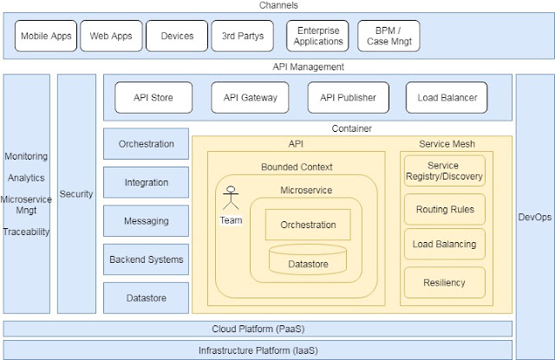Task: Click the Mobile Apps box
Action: [46, 36]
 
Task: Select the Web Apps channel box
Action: [111, 36]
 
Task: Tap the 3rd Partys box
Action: [243, 36]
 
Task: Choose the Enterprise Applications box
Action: [318, 36]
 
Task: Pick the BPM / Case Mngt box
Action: [389, 36]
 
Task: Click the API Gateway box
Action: [250, 98]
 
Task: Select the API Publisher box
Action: [349, 98]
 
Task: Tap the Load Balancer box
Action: [447, 98]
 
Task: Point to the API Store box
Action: [153, 98]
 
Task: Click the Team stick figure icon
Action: [231, 198]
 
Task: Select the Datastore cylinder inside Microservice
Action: [308, 259]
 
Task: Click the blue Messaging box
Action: [147, 221]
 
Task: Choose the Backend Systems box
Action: [147, 259]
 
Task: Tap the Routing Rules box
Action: [445, 209]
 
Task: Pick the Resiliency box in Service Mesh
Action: [445, 283]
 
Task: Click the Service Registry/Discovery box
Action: [445, 171]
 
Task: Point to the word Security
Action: [76, 194]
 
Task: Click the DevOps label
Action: [535, 217]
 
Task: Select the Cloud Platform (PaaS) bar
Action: [258, 329]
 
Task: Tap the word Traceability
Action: [27, 232]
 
